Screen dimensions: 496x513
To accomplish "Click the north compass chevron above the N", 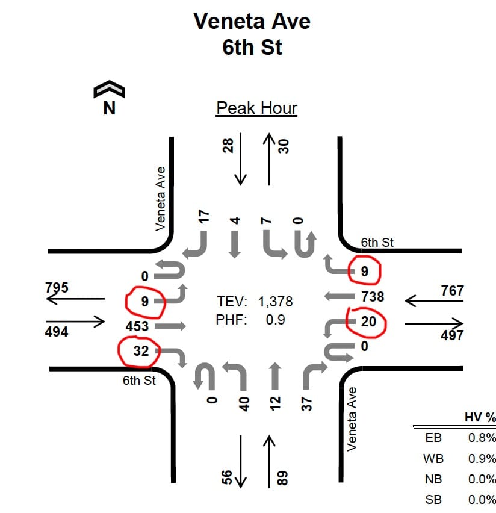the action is tap(110, 90).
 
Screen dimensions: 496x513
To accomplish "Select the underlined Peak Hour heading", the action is tap(256, 108).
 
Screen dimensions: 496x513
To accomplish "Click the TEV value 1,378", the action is tap(276, 301).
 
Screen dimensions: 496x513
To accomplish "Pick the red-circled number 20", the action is tap(368, 322).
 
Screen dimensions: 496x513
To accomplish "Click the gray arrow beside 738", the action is tap(338, 296).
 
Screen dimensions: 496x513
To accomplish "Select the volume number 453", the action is tap(137, 326).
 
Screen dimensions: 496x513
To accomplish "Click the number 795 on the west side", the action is tap(57, 287).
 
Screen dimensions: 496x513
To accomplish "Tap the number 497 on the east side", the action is tap(451, 335).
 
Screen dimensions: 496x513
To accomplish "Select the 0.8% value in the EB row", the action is tap(482, 438).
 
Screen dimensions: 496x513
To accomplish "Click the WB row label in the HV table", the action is tap(433, 459).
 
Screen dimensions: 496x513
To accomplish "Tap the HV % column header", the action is tap(480, 417).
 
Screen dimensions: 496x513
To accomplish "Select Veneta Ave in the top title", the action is tap(252, 22).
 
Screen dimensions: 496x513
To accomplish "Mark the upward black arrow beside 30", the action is tap(269, 159).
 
